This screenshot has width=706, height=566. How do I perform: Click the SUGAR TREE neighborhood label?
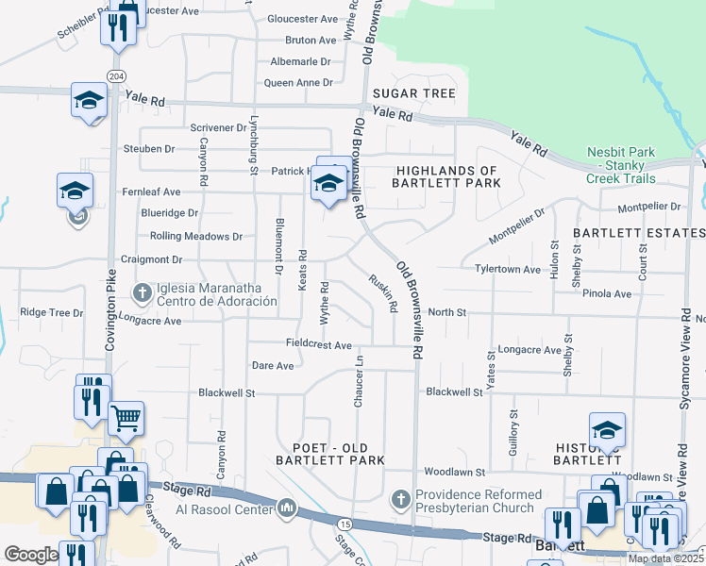[413, 93]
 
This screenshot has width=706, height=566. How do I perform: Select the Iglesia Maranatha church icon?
[143, 292]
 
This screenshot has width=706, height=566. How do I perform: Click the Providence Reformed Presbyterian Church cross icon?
[400, 497]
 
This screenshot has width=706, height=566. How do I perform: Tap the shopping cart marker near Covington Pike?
[126, 417]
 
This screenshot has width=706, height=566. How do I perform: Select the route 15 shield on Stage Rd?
[345, 524]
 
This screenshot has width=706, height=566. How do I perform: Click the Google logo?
[31, 555]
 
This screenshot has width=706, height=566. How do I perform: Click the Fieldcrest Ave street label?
[320, 345]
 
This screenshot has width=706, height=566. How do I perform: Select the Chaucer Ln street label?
[359, 382]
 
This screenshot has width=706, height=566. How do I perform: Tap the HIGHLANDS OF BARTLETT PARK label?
[447, 176]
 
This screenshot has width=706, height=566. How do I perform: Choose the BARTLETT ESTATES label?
[638, 232]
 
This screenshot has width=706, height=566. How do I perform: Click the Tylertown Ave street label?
[509, 269]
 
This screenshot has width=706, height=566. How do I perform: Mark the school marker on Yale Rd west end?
[90, 99]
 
